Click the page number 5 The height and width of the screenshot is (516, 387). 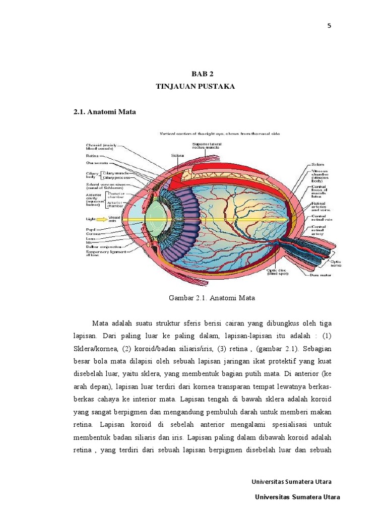coord(329,26)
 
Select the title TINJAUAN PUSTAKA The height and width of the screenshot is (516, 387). coord(196,87)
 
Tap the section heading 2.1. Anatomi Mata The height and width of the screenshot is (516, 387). coord(105,112)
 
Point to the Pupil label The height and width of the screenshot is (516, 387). coord(91,229)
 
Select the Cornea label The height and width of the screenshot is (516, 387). coord(92,234)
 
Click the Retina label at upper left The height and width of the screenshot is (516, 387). coord(93,156)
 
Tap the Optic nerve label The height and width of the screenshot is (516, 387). coord(336,263)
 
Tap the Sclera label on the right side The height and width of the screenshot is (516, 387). coord(318,164)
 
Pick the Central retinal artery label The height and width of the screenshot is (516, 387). coord(318,230)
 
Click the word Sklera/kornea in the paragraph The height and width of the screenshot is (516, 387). coord(96,349)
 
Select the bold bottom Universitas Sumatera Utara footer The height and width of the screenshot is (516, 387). coord(297,497)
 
